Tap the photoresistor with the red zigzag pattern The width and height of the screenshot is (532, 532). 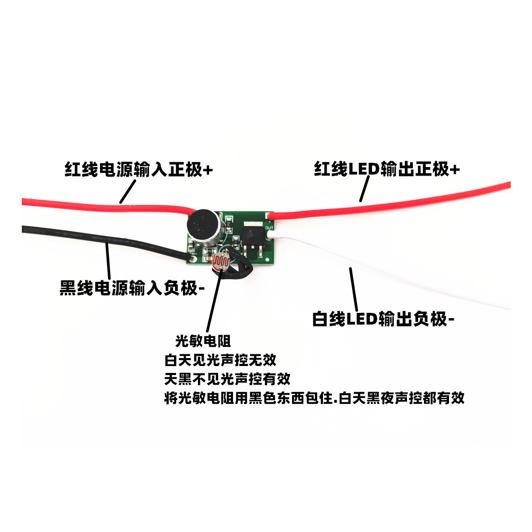pos(220,262)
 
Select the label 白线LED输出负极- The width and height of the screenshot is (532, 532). pos(384,319)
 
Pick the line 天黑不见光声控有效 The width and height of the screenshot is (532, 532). pos(227,379)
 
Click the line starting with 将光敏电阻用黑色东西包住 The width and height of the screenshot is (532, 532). pos(314,398)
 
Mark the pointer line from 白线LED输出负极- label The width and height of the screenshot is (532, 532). pos(353,288)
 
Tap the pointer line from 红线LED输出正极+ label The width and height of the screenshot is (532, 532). pos(364,188)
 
